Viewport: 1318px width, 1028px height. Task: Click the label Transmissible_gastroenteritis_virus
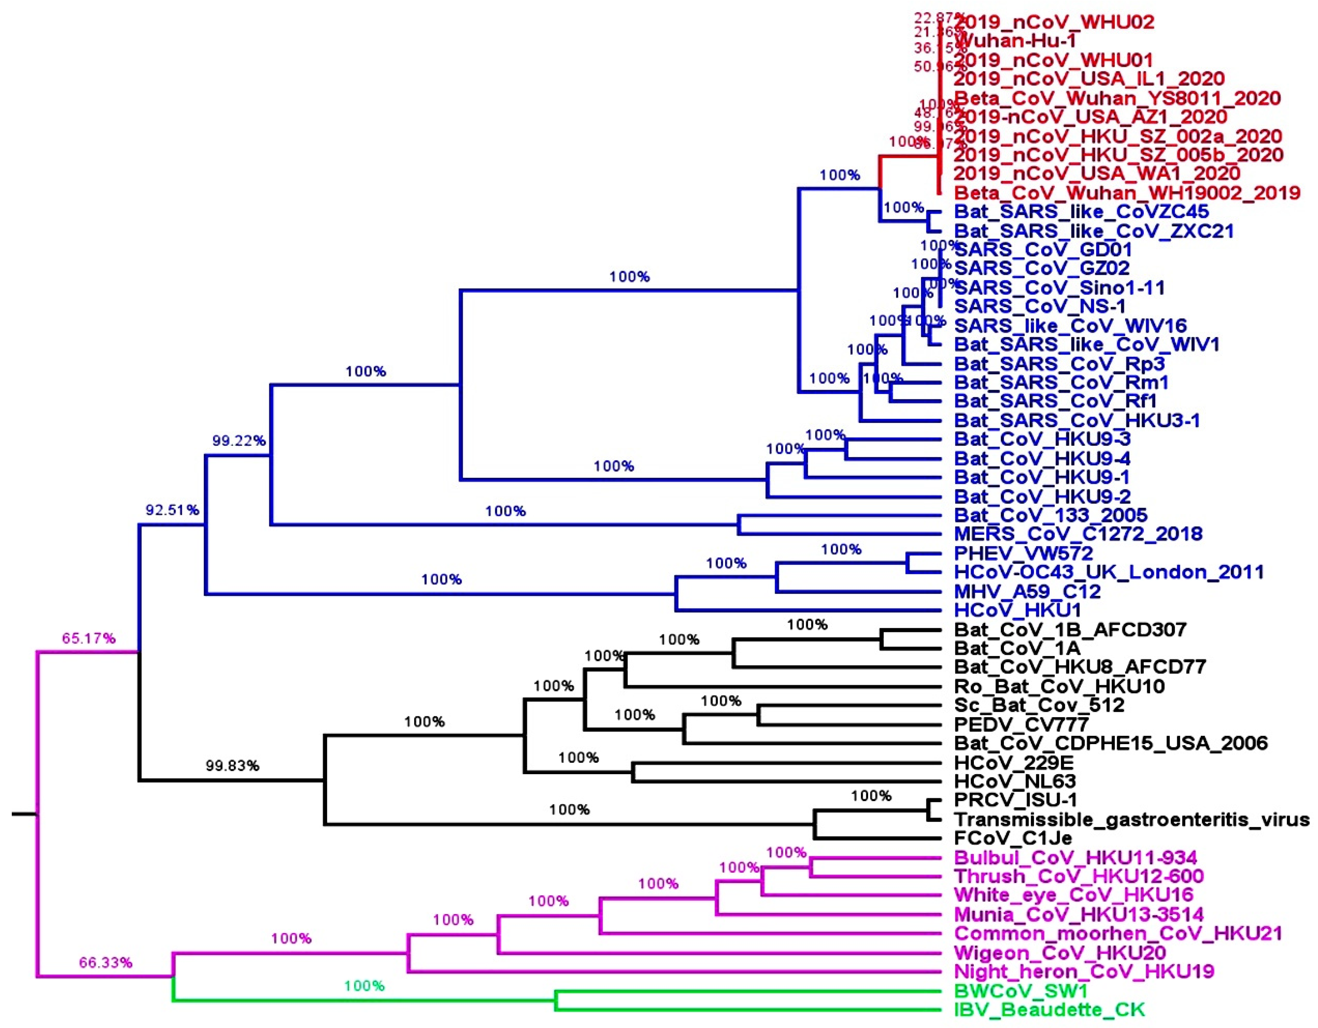coord(1132,820)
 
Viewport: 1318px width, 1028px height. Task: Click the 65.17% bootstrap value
coord(89,638)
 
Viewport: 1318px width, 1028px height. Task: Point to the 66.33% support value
coord(106,962)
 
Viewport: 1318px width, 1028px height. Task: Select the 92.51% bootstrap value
coord(172,510)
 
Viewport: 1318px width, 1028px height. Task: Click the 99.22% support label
coord(238,441)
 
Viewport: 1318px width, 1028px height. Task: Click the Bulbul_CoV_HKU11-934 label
coord(1075,857)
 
